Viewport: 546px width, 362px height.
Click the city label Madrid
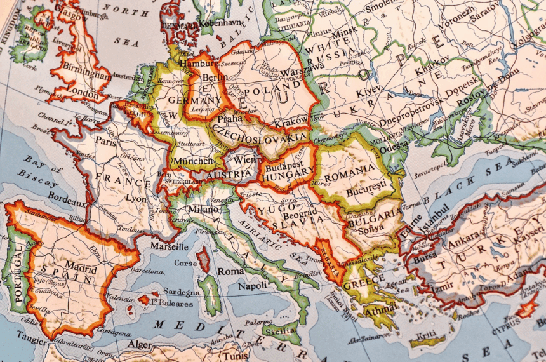(x=81, y=267)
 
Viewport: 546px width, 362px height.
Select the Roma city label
(x=230, y=271)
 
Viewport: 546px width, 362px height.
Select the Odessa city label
(x=394, y=145)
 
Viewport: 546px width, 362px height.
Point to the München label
(x=193, y=161)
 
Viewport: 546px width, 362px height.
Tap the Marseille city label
(x=169, y=246)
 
